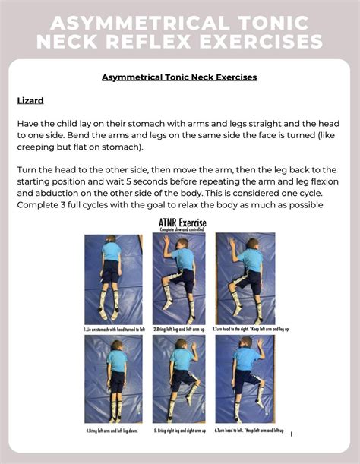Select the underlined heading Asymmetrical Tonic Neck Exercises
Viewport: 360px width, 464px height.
click(x=179, y=77)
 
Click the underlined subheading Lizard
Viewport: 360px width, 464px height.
click(x=31, y=100)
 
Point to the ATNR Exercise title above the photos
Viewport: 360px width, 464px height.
click(x=180, y=223)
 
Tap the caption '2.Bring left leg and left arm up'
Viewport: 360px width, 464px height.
click(x=179, y=330)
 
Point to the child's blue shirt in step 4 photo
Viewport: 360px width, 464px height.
click(x=115, y=361)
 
